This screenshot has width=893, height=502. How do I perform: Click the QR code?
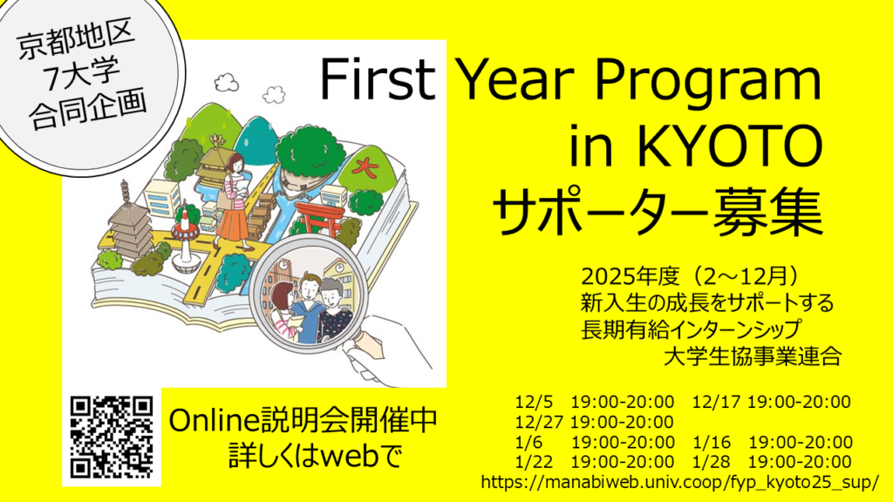click(112, 438)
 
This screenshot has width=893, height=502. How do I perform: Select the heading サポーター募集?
click(657, 213)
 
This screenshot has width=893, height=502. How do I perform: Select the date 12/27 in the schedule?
click(538, 422)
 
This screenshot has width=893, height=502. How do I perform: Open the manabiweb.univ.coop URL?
click(679, 482)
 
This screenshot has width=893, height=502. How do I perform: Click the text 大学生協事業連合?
click(751, 357)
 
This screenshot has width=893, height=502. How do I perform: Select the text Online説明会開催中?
click(302, 421)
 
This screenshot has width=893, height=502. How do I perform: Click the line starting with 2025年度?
click(690, 277)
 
